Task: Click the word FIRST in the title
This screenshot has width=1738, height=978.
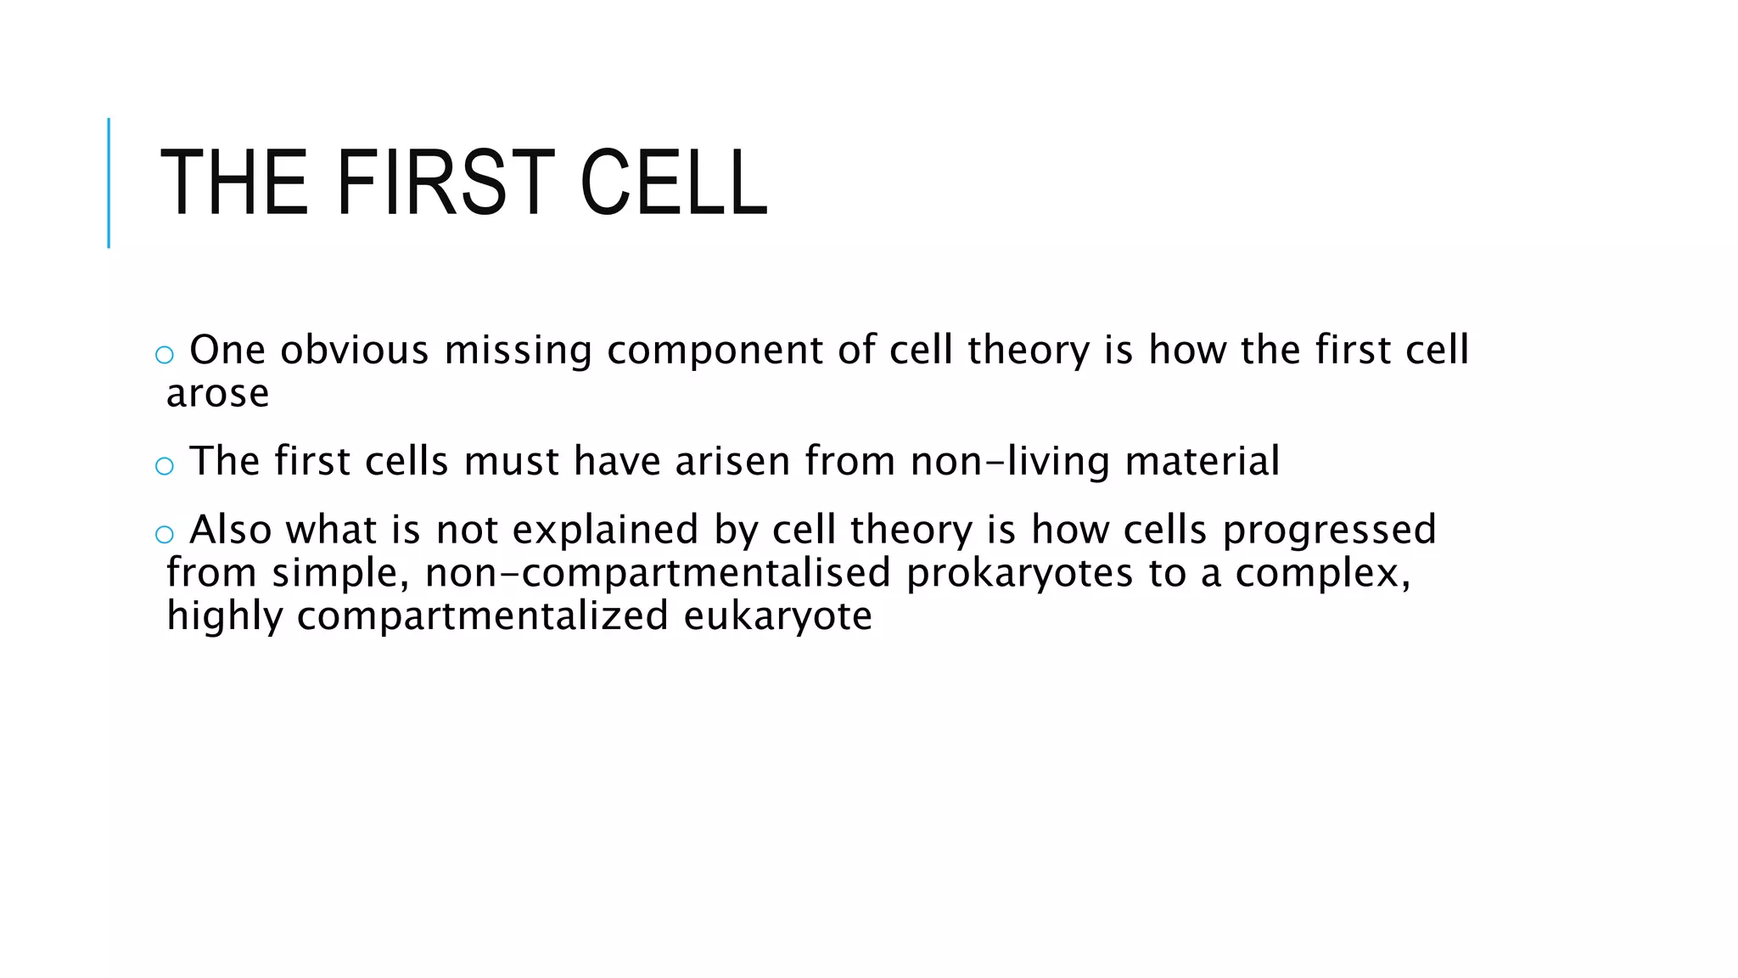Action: point(445,183)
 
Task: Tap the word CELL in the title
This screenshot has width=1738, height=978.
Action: point(674,183)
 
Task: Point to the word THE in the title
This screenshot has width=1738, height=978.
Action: point(234,183)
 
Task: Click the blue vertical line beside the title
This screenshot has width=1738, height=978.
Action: point(109,183)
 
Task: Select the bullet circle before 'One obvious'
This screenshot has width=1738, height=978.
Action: point(165,355)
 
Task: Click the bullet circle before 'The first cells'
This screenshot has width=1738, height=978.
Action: point(165,465)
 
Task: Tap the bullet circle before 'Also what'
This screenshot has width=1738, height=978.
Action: point(165,534)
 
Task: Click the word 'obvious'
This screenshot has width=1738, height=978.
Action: point(354,350)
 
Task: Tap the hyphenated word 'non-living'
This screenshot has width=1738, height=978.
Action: point(1010,462)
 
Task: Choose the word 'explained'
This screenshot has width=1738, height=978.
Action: point(606,531)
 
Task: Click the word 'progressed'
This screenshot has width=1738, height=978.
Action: point(1329,531)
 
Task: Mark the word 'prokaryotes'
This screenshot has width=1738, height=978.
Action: point(1019,574)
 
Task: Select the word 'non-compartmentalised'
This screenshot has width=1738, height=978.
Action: point(658,574)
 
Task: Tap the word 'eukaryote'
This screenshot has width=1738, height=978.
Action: point(777,616)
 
